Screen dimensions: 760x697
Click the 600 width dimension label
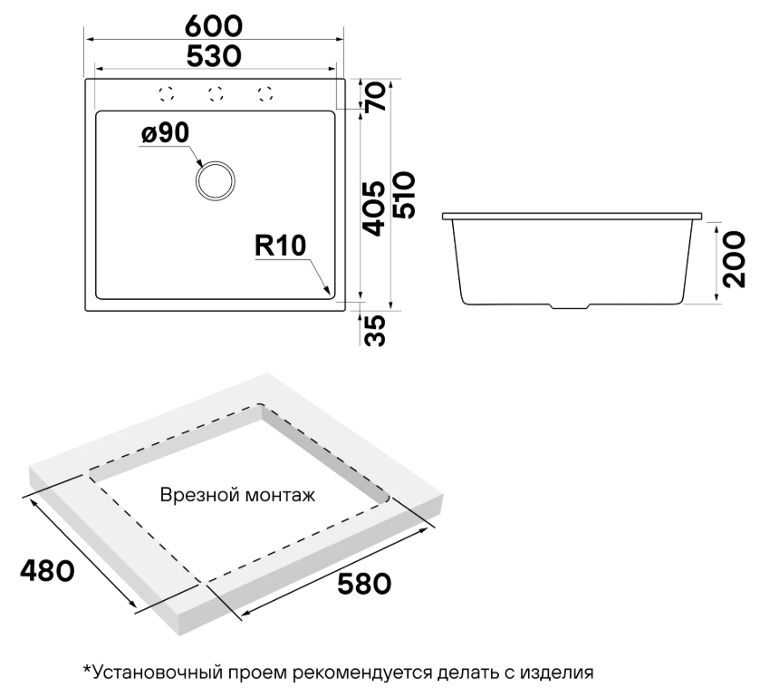coord(214,26)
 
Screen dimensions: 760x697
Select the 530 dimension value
coord(214,56)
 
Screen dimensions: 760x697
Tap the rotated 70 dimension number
coord(376,96)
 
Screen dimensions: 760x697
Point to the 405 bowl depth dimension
coord(374,208)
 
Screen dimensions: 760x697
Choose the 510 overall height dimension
coord(404,195)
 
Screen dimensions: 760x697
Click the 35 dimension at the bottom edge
coord(375,330)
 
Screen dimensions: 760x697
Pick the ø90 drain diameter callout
coord(165,132)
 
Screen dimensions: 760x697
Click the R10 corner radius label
coord(281,246)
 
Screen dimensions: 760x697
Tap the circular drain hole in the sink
coord(216,181)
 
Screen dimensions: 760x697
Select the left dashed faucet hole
coord(166,94)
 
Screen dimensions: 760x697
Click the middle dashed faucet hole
coord(216,94)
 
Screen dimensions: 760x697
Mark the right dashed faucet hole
coord(265,94)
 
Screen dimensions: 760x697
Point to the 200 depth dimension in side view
coord(734,259)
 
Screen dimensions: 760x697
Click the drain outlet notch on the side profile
coord(569,306)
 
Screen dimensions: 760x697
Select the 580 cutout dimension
coord(364,584)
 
